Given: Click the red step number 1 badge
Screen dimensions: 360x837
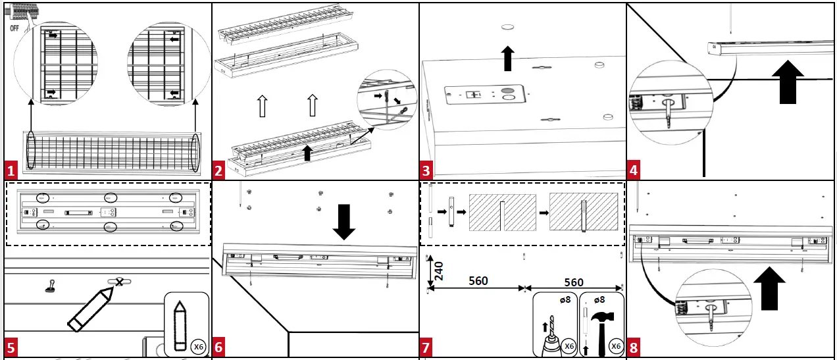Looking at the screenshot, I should [x=11, y=171].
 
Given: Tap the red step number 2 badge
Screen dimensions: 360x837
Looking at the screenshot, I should [x=220, y=171].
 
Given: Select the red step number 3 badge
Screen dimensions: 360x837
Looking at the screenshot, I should [x=427, y=171].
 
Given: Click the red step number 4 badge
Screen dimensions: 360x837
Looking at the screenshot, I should [x=634, y=171].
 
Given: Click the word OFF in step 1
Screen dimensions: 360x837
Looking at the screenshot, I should [x=14, y=29].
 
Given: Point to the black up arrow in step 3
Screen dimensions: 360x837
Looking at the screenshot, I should [x=508, y=58].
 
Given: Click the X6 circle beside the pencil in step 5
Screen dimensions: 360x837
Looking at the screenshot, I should [x=197, y=346].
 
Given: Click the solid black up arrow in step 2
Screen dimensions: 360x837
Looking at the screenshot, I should [x=307, y=153].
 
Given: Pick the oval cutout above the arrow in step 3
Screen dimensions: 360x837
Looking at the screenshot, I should [x=508, y=28].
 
